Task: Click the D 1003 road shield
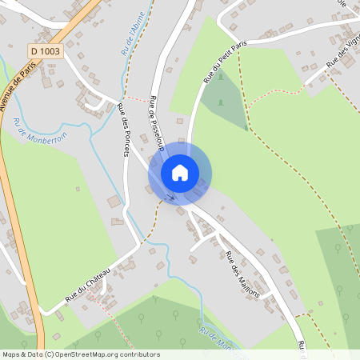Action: (x=46, y=50)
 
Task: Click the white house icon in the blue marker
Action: (x=180, y=173)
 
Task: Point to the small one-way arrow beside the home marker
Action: (x=170, y=195)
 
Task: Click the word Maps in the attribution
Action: (x=11, y=354)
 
